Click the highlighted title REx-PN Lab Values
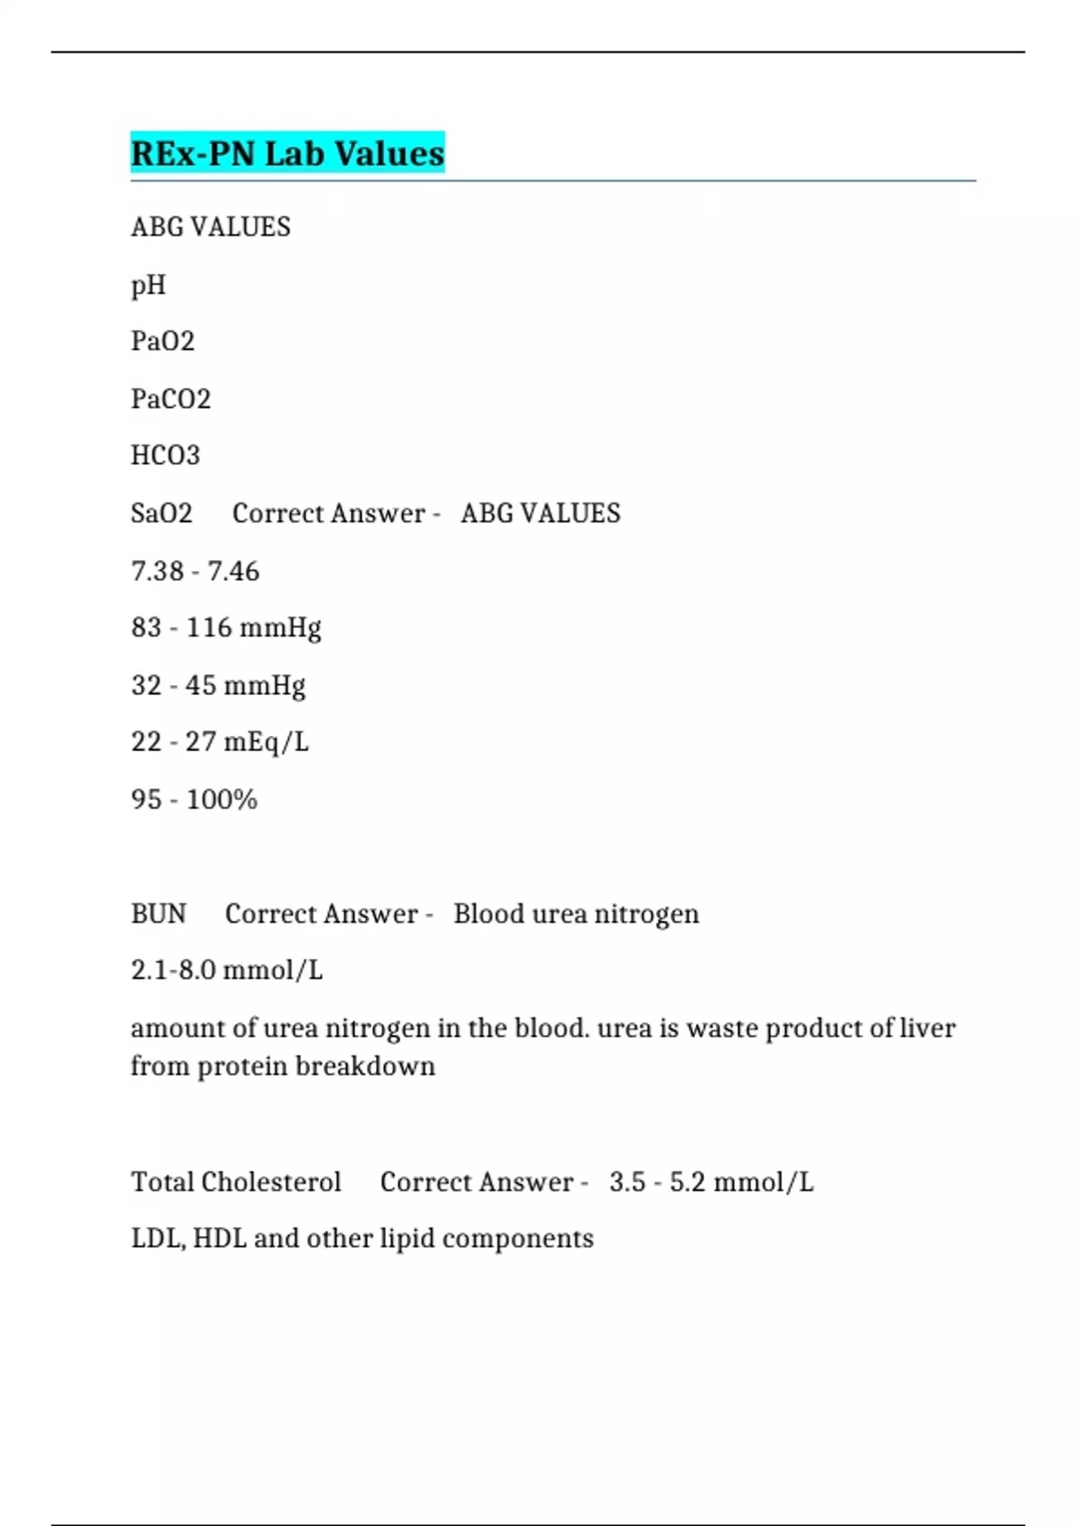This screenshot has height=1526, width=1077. [287, 153]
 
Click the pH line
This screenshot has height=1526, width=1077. [149, 285]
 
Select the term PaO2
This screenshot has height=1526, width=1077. [162, 341]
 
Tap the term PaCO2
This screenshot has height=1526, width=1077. [171, 399]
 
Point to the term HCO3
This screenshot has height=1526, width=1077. [165, 455]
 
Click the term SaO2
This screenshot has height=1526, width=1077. [162, 513]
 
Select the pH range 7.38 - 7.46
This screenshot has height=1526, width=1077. [195, 571]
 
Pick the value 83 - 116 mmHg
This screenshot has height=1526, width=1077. [225, 627]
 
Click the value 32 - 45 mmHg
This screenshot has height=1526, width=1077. [218, 685]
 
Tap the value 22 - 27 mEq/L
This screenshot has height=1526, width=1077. [219, 742]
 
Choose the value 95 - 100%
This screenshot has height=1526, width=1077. [194, 799]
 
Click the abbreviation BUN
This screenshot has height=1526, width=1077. [158, 914]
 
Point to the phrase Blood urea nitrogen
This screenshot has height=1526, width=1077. [575, 914]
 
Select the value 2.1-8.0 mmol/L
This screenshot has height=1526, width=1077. [226, 970]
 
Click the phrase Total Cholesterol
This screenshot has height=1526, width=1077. [236, 1181]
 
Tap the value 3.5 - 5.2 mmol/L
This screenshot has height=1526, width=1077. [711, 1181]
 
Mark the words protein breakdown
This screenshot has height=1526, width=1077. [316, 1066]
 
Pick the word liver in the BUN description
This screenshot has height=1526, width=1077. [927, 1028]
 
